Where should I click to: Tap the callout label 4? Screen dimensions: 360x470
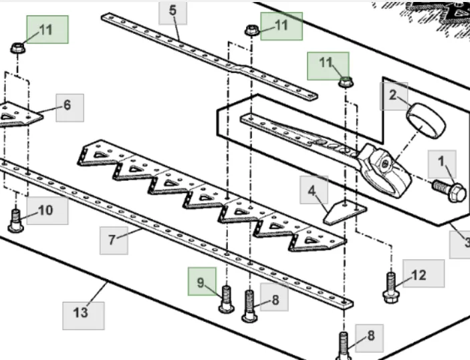(313, 190)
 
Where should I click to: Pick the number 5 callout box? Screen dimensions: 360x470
(172, 12)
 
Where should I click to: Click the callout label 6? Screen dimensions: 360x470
(70, 107)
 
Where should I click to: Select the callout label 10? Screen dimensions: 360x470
(47, 210)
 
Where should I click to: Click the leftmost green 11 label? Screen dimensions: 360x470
(47, 30)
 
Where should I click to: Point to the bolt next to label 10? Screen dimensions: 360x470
(16, 220)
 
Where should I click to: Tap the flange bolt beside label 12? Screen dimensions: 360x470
(391, 286)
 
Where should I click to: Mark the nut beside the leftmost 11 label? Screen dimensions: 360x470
(17, 48)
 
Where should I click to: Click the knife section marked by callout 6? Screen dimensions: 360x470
(17, 116)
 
